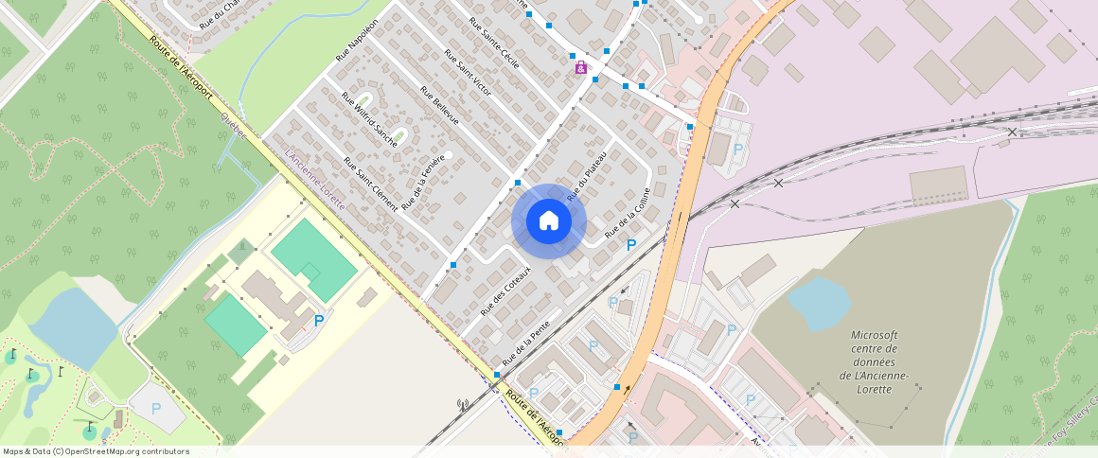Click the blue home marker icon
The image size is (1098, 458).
[548, 221]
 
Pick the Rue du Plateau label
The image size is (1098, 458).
[586, 177]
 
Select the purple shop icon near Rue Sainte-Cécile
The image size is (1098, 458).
[580, 67]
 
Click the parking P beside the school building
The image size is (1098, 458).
[319, 322]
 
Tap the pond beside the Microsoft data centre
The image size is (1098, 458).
[819, 302]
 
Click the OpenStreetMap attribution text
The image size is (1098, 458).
[96, 451]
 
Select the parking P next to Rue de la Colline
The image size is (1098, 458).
[631, 246]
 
